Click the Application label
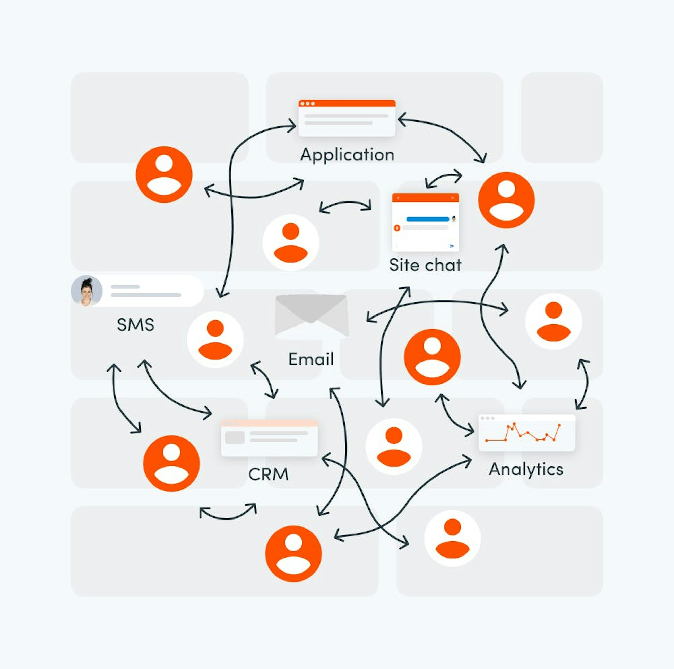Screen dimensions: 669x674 pos(347,154)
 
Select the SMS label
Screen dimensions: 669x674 pos(135,324)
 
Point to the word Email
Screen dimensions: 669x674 pos(311,359)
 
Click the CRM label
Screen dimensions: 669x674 pos(268,474)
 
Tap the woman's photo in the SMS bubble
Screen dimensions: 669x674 pos(87,291)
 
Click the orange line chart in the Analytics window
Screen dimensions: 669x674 pos(523,433)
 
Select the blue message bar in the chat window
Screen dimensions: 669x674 pos(428,219)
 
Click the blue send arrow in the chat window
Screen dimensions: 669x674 pos(451,246)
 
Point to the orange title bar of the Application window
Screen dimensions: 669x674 pos(347,103)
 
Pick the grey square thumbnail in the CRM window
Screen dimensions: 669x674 pos(235,437)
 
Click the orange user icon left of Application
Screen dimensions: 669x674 pos(164,174)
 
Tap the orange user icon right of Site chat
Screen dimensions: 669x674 pos(506,200)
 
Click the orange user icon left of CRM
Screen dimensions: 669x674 pos(171,463)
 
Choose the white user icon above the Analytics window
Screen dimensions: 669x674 pos(553,321)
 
